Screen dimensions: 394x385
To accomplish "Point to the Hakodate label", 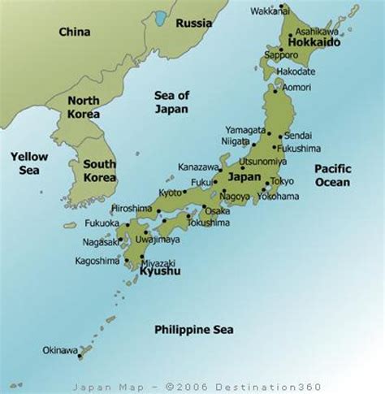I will [296, 71].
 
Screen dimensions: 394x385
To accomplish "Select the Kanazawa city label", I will [199, 167].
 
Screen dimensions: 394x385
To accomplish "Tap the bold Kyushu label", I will [159, 271].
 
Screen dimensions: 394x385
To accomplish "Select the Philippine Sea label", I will [193, 329].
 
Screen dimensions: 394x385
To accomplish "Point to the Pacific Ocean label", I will [333, 175].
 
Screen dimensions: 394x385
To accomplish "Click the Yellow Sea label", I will [29, 162].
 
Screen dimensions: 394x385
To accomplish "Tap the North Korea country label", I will [84, 107].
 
